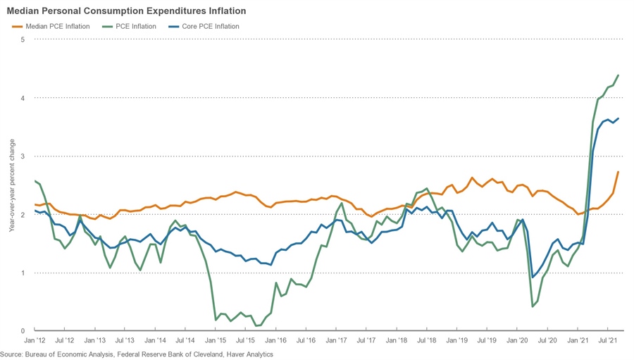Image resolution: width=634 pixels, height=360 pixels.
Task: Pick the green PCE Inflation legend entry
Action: pyautogui.click(x=130, y=27)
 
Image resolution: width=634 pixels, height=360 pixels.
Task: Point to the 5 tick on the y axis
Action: pyautogui.click(x=23, y=39)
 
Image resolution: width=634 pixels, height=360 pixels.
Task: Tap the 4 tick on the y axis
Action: pyautogui.click(x=23, y=98)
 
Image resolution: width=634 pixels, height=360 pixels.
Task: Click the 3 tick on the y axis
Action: pyautogui.click(x=23, y=156)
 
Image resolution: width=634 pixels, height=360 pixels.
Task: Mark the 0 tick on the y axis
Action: pyautogui.click(x=23, y=331)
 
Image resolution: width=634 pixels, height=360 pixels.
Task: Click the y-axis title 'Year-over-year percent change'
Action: pyautogui.click(x=11, y=185)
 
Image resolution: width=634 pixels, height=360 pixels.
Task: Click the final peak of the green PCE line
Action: pyautogui.click(x=619, y=75)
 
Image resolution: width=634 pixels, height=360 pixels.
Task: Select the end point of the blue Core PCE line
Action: pyautogui.click(x=619, y=118)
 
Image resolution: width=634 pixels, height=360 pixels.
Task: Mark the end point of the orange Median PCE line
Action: pyautogui.click(x=619, y=172)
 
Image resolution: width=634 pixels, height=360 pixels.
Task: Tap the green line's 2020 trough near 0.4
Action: pyautogui.click(x=532, y=306)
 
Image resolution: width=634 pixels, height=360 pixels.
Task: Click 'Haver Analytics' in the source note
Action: pyautogui.click(x=248, y=354)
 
